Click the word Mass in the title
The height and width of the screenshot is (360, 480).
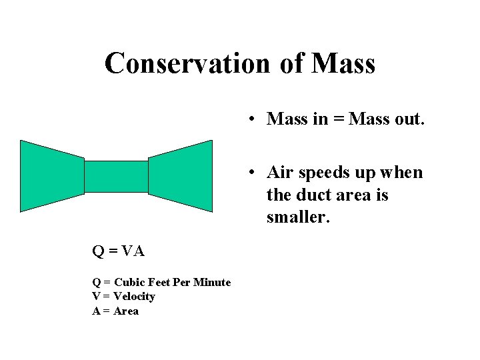pyautogui.click(x=343, y=63)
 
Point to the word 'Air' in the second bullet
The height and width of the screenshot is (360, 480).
pyautogui.click(x=279, y=173)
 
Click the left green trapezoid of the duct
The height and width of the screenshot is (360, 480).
pyautogui.click(x=51, y=176)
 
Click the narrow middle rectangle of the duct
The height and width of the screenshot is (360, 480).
pyautogui.click(x=116, y=177)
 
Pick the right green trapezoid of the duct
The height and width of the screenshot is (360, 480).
pyautogui.click(x=181, y=176)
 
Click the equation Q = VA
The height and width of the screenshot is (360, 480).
pyautogui.click(x=118, y=251)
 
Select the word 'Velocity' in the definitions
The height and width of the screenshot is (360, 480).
pyautogui.click(x=134, y=297)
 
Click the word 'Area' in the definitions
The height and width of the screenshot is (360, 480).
pyautogui.click(x=126, y=311)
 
